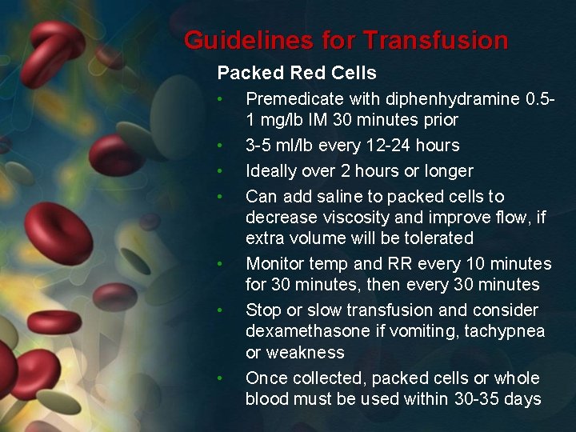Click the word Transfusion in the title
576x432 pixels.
435,40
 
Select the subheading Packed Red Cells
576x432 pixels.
297,73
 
